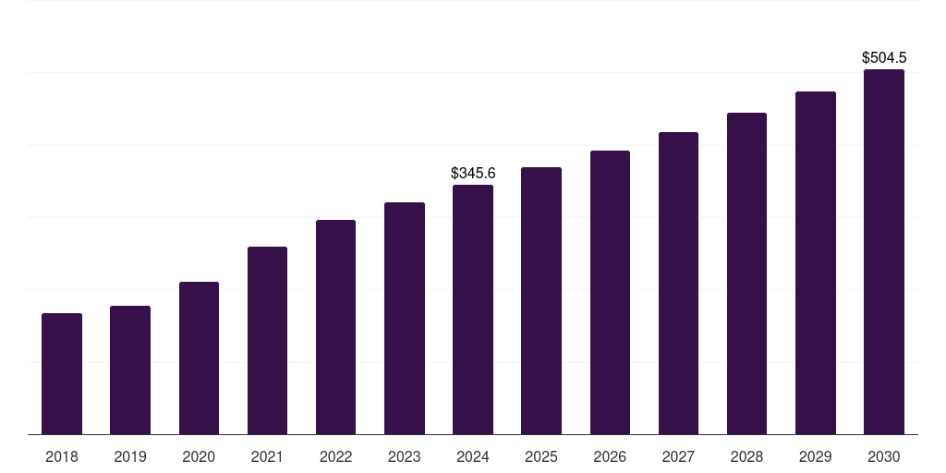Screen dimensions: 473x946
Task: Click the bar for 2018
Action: point(62,374)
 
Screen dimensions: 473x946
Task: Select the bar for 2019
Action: point(130,370)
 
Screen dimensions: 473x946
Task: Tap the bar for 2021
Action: point(267,341)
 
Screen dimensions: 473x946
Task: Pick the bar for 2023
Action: point(405,319)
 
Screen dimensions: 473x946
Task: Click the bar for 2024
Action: point(473,309)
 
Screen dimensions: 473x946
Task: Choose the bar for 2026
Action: point(610,293)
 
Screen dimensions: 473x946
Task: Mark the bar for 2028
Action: point(746,273)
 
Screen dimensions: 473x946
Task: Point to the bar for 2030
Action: point(884,252)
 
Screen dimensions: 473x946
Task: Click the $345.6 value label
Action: point(473,173)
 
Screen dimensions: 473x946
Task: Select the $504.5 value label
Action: point(884,57)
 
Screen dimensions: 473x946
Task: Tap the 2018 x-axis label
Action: point(62,456)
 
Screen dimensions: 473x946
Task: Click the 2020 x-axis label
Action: point(199,456)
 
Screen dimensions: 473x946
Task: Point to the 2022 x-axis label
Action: point(335,456)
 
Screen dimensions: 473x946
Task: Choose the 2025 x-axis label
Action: point(541,456)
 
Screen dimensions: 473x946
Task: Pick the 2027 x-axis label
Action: point(678,456)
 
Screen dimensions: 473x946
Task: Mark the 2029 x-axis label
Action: point(816,456)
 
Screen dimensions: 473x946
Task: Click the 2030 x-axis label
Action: point(884,456)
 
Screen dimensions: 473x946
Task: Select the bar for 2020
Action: point(199,358)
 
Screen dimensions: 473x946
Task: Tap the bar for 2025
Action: point(541,301)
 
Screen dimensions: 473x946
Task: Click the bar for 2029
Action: point(816,263)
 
